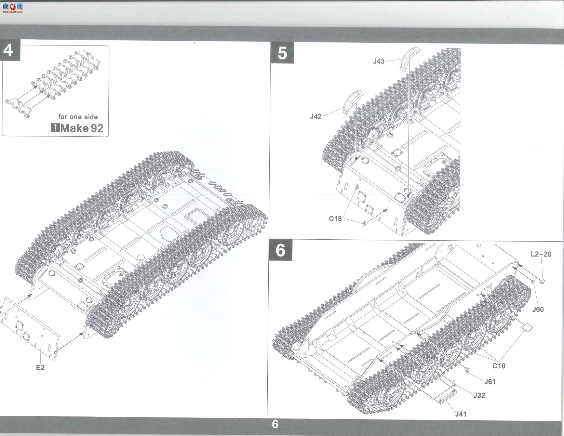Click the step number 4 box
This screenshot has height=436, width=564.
click(10, 50)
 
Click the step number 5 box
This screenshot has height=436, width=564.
click(282, 53)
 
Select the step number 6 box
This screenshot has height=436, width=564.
click(280, 250)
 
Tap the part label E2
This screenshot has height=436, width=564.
click(40, 368)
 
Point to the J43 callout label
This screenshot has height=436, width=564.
click(378, 61)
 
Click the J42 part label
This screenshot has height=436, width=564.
click(315, 117)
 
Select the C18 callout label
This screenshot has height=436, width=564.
click(335, 219)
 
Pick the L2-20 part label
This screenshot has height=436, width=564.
click(541, 254)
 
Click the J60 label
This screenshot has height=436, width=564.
click(538, 309)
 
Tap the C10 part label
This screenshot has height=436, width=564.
click(499, 366)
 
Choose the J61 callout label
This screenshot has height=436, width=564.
click(490, 382)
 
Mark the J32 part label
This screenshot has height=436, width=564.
click(479, 395)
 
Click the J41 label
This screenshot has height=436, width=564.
click(461, 414)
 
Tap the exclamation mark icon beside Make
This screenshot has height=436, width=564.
click(55, 128)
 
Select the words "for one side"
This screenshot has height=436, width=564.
click(78, 117)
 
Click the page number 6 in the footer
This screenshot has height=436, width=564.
click(275, 424)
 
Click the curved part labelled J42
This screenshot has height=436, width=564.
click(353, 101)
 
